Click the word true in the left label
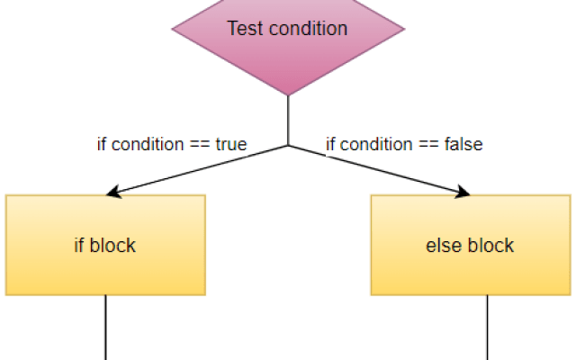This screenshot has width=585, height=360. pyautogui.click(x=231, y=144)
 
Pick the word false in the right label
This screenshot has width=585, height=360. pyautogui.click(x=463, y=144)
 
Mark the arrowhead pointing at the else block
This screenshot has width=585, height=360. pyautogui.click(x=463, y=192)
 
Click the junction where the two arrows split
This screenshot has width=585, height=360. pyautogui.click(x=288, y=145)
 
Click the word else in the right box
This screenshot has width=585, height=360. pyautogui.click(x=442, y=245)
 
